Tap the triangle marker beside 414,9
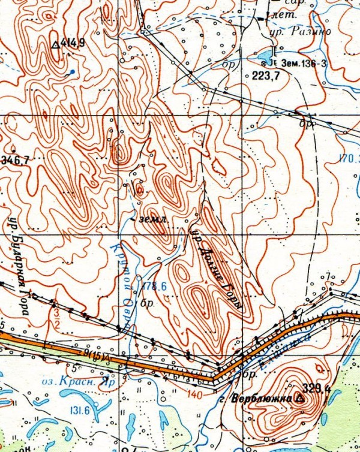[x=56, y=43]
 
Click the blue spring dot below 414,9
[x=73, y=72]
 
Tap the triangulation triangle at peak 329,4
[x=300, y=397]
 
